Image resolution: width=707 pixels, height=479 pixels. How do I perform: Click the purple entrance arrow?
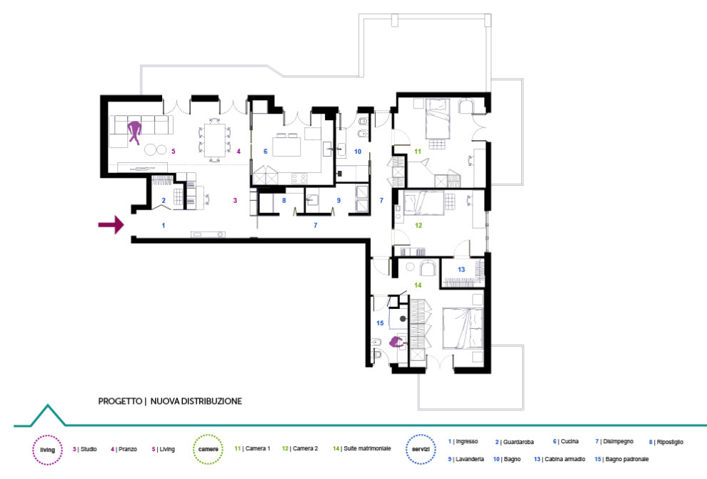(x=110, y=226)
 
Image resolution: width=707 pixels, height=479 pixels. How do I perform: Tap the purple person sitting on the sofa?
(x=134, y=132)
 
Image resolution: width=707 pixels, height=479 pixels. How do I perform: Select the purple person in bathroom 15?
(x=396, y=342)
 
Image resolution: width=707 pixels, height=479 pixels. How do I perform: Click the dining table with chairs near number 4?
(x=214, y=139)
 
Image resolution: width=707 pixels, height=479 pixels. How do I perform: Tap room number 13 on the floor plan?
(x=461, y=269)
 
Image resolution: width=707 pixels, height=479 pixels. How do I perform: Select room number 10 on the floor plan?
(x=358, y=152)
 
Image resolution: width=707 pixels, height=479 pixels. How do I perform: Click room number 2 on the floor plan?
(x=164, y=201)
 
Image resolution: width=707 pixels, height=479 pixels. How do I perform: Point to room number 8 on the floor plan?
(x=284, y=202)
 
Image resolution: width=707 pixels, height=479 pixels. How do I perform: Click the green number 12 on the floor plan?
(x=418, y=226)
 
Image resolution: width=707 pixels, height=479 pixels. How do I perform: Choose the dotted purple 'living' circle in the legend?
(x=47, y=450)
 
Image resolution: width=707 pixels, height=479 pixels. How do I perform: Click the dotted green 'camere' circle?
(x=209, y=450)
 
